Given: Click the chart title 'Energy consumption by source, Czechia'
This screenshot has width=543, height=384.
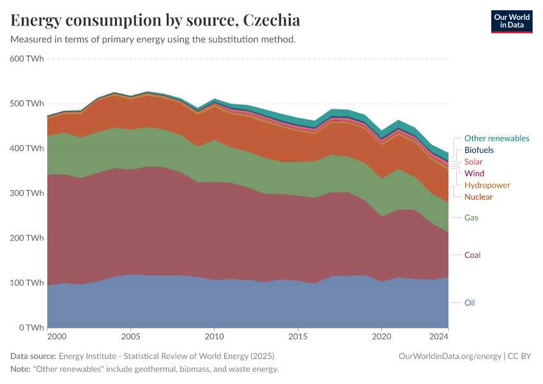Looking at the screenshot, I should tap(155, 20).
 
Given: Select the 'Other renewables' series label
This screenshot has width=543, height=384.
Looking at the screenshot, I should tap(496, 138).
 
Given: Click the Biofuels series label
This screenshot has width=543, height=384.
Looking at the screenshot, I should tap(478, 150).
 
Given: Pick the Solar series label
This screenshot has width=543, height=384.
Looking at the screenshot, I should tap(473, 162).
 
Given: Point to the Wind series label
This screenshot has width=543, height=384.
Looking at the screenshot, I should tap(474, 173).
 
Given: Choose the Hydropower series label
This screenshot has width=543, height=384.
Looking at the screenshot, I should tap(487, 185).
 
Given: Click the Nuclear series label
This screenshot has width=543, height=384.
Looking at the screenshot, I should tap(478, 196).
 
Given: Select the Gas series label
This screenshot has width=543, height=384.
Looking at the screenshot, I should tap(471, 218).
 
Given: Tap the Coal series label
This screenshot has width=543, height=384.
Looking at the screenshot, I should tap(472, 255).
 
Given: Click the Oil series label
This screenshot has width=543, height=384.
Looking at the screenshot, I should tap(470, 303).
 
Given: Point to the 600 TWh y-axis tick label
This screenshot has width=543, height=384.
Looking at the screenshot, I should tap(27, 59).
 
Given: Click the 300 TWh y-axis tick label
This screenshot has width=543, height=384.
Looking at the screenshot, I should tap(27, 193).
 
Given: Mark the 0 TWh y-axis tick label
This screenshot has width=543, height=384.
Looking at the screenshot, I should tap(31, 328).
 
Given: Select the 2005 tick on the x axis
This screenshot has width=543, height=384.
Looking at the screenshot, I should tap(131, 336).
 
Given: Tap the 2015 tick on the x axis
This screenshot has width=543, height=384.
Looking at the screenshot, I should tap(298, 336).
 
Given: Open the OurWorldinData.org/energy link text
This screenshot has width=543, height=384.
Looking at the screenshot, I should tap(450, 356).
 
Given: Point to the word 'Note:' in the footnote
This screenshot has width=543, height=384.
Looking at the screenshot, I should tap(22, 369).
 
